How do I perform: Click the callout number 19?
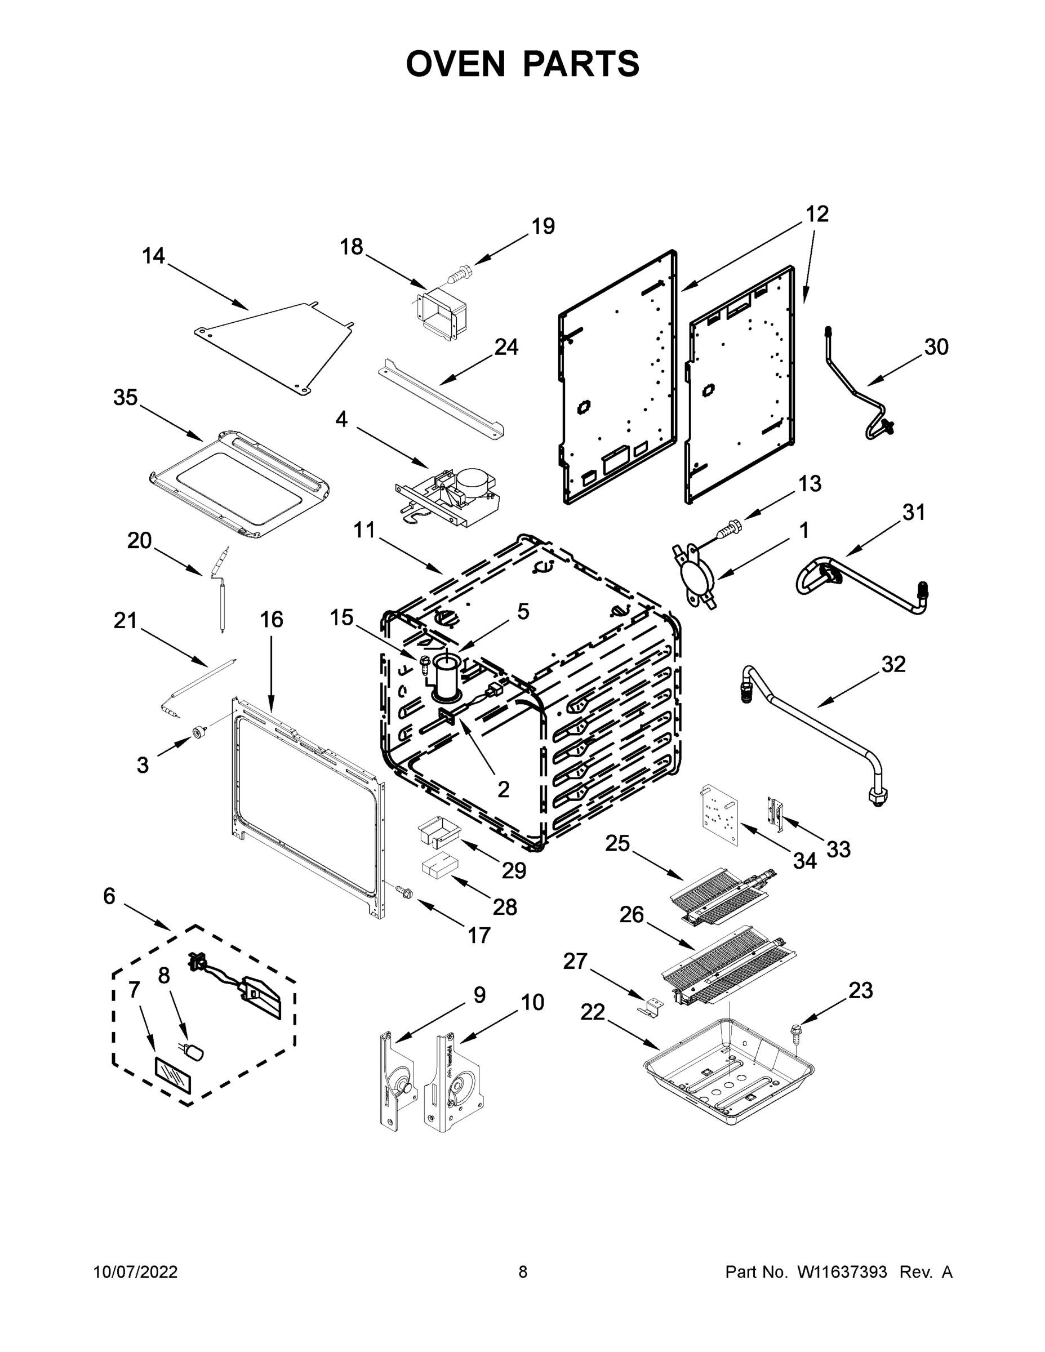click(x=543, y=226)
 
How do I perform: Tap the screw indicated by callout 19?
click(x=459, y=273)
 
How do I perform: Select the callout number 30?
click(x=936, y=347)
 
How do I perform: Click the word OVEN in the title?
click(x=456, y=64)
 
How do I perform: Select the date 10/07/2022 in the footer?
click(x=136, y=1272)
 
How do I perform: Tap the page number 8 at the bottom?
click(x=523, y=1272)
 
